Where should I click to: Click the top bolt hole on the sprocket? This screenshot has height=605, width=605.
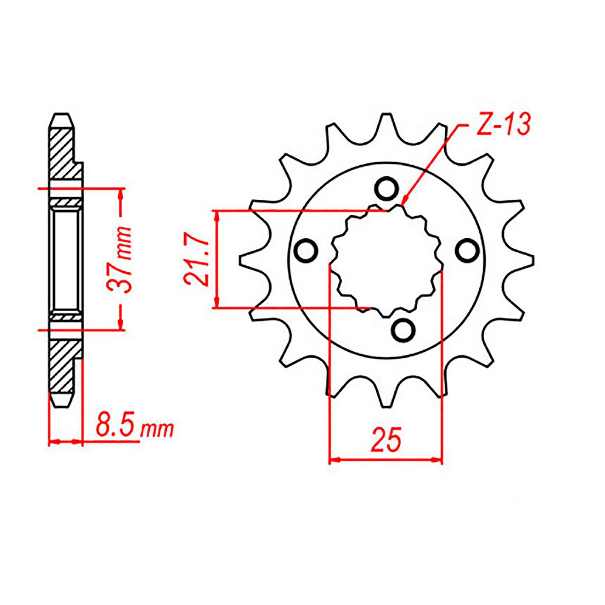pos(386,188)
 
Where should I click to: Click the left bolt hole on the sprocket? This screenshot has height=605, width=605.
pos(306,251)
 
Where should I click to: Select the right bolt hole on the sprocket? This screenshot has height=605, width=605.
pos(467,250)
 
